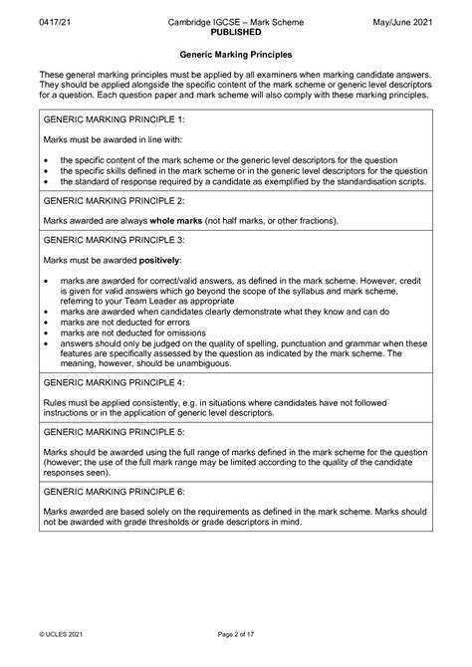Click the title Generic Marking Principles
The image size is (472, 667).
point(235,56)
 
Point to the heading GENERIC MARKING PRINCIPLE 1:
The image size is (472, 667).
point(110,117)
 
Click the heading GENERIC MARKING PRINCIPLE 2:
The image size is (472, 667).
point(110,200)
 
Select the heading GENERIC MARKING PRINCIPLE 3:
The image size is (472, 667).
point(110,240)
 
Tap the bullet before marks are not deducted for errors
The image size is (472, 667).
point(47,324)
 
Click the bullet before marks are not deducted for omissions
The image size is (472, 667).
point(47,333)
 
